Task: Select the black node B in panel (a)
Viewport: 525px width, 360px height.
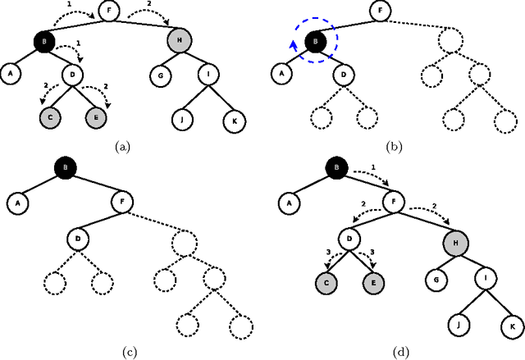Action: pyautogui.click(x=44, y=41)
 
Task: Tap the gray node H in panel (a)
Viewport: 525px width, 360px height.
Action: pyautogui.click(x=179, y=41)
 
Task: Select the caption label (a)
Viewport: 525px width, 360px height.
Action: pyautogui.click(x=122, y=147)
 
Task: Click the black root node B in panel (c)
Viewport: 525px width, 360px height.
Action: pyautogui.click(x=66, y=169)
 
